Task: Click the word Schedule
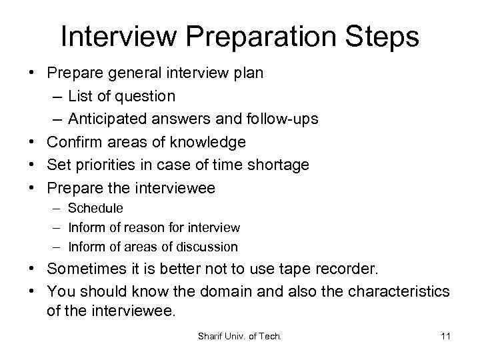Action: point(95,209)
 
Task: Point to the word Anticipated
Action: point(122,119)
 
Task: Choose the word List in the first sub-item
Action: point(80,96)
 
